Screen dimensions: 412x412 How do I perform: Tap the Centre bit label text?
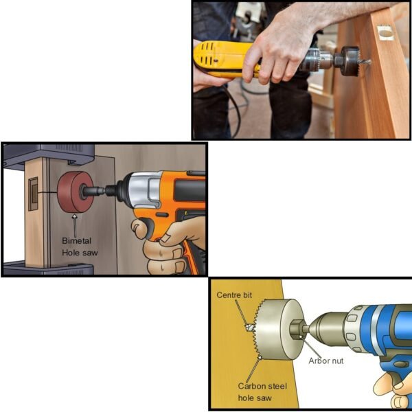point(233,295)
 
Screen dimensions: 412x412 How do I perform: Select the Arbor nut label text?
point(325,360)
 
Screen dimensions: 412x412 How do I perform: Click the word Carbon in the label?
point(253,387)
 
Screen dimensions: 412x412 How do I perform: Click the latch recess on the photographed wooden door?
point(385,32)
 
